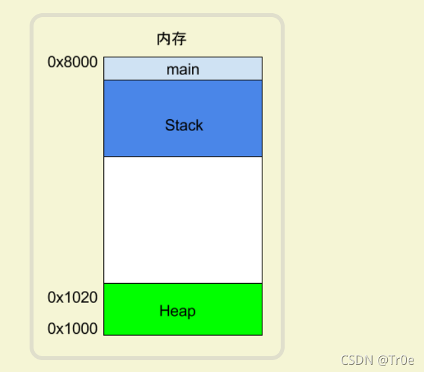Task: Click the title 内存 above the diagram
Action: point(171,40)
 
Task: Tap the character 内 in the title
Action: point(164,40)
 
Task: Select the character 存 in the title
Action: point(179,40)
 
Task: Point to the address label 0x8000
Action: point(72,63)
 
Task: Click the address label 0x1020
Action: point(72,298)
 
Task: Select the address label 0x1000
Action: point(72,329)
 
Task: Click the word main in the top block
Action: point(183,69)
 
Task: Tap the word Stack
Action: point(184,125)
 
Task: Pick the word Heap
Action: point(177,311)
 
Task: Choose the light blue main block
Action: point(131,68)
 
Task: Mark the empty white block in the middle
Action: point(183,220)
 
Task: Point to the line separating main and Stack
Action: point(183,80)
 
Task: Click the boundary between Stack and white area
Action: point(183,157)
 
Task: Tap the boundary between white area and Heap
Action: point(183,283)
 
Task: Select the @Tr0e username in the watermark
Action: point(396,360)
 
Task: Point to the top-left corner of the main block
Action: point(104,57)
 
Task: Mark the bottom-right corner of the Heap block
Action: point(262,334)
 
